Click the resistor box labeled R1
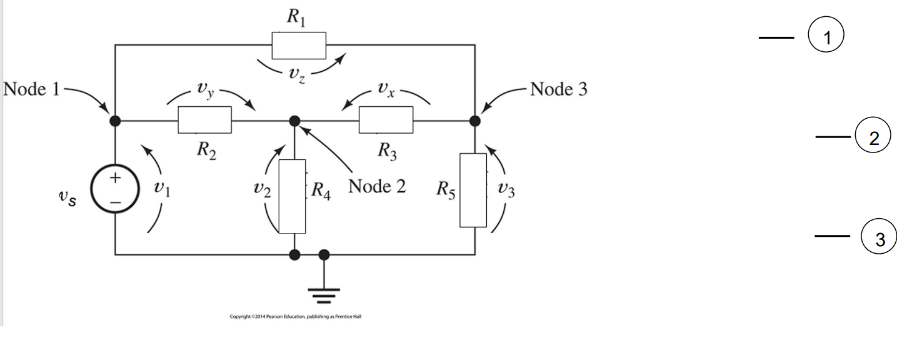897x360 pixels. pos(299,45)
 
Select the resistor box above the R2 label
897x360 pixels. pos(204,120)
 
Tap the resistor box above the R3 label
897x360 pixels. pos(386,120)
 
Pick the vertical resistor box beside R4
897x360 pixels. pos(292,196)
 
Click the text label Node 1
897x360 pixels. pos(32,89)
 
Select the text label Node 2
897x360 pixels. pos(376,187)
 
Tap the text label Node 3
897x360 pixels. pos(559,89)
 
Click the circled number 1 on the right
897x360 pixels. pos(826,37)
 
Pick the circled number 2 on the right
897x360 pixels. pos(873,138)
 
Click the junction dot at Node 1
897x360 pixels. pos(116,120)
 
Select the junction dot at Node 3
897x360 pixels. pos(474,120)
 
